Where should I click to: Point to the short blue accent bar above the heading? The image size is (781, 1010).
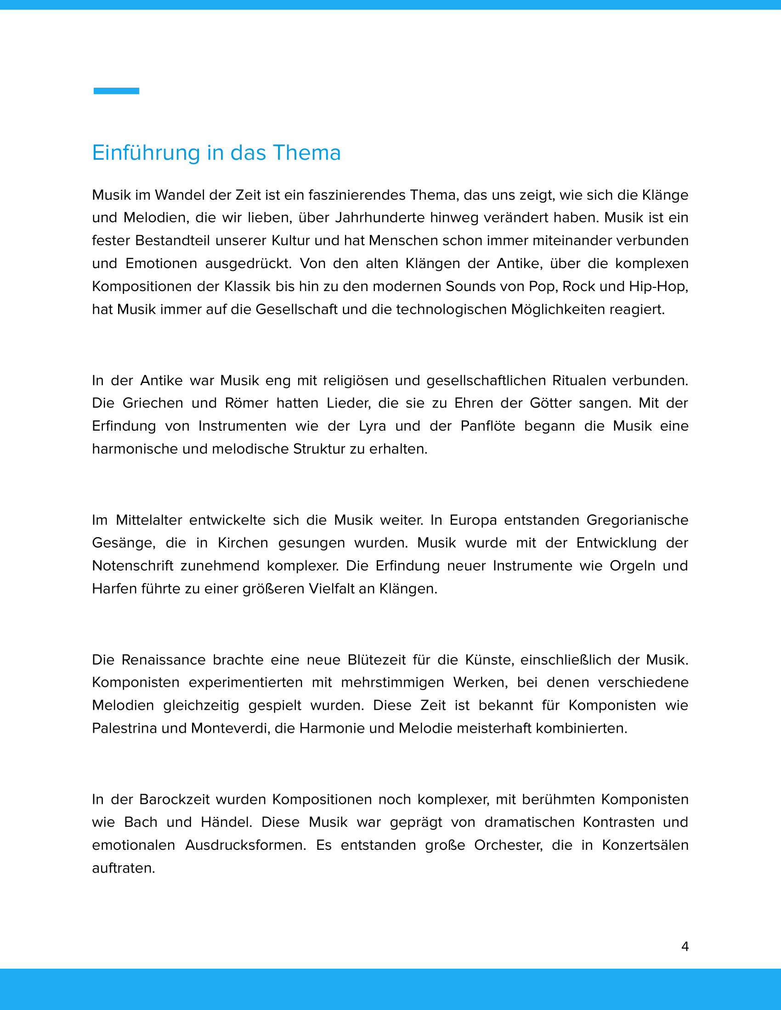(116, 90)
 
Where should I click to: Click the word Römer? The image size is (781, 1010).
(247, 403)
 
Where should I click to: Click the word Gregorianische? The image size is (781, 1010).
(637, 520)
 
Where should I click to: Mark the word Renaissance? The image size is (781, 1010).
(164, 660)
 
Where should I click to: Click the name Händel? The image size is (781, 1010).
(226, 822)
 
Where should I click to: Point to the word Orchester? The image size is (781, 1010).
(508, 845)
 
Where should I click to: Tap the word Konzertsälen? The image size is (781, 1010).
(645, 845)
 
